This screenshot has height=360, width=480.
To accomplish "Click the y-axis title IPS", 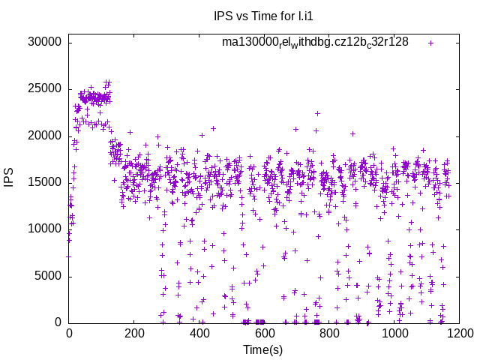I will click(10, 178).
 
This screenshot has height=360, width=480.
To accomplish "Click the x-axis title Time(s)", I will click(262, 349).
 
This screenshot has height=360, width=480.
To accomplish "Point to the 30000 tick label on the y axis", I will click(44, 42).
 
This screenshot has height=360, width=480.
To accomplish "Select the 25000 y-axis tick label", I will click(44, 88).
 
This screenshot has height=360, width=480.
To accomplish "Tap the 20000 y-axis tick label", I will click(44, 136).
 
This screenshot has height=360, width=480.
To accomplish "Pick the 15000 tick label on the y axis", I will click(44, 182).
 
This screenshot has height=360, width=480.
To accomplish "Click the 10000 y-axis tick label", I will click(44, 229).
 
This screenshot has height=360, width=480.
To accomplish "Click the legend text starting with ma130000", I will click(315, 42).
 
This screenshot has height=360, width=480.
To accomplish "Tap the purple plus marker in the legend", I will click(430, 43).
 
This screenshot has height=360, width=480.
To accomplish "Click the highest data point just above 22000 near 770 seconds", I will click(317, 114).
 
